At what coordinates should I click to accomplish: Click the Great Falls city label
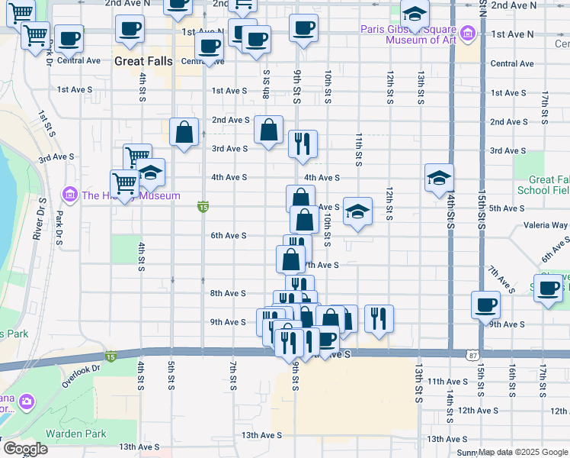click(143, 60)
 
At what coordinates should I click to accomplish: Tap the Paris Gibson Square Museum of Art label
click(408, 34)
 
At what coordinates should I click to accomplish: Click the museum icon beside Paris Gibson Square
click(467, 34)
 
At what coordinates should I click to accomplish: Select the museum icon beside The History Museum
click(71, 195)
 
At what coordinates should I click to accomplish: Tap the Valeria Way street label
click(546, 225)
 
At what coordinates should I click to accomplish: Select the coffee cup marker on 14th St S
click(485, 305)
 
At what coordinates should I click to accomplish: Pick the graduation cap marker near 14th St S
click(439, 178)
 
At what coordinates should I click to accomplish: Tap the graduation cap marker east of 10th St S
click(357, 211)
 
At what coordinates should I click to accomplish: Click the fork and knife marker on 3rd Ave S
click(303, 144)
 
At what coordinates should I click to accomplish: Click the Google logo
click(25, 449)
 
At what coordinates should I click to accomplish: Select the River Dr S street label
click(37, 220)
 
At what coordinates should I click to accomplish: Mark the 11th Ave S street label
click(447, 381)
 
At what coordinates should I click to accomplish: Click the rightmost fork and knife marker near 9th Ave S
click(379, 318)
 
